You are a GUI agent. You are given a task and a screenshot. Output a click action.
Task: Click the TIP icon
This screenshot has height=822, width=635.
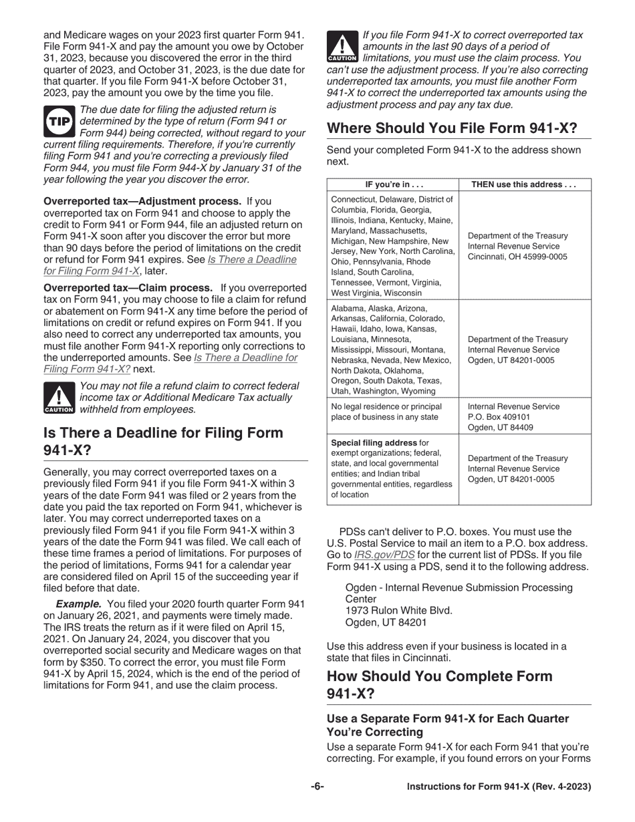(x=59, y=120)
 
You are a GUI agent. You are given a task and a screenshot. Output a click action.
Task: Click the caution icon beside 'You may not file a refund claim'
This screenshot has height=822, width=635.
(x=59, y=398)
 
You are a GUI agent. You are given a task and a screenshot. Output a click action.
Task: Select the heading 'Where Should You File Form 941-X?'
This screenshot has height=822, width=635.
(x=451, y=128)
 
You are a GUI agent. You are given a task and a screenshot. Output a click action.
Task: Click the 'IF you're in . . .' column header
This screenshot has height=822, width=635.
(x=394, y=184)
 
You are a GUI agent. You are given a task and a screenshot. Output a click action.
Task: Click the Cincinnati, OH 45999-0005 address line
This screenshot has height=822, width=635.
(x=517, y=257)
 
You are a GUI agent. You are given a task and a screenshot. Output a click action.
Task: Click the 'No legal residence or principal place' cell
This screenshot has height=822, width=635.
(x=386, y=412)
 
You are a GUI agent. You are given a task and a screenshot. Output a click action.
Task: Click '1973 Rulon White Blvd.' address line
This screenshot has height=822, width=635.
(x=398, y=610)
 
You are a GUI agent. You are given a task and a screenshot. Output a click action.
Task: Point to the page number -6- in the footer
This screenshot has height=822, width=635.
(x=317, y=787)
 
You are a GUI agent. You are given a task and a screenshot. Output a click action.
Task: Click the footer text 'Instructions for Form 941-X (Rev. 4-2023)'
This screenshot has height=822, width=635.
(x=499, y=787)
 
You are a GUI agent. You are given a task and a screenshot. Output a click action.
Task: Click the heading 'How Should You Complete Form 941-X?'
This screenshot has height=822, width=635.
(x=439, y=684)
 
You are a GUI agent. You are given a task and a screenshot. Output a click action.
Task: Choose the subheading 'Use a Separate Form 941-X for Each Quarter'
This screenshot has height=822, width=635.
(x=448, y=718)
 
